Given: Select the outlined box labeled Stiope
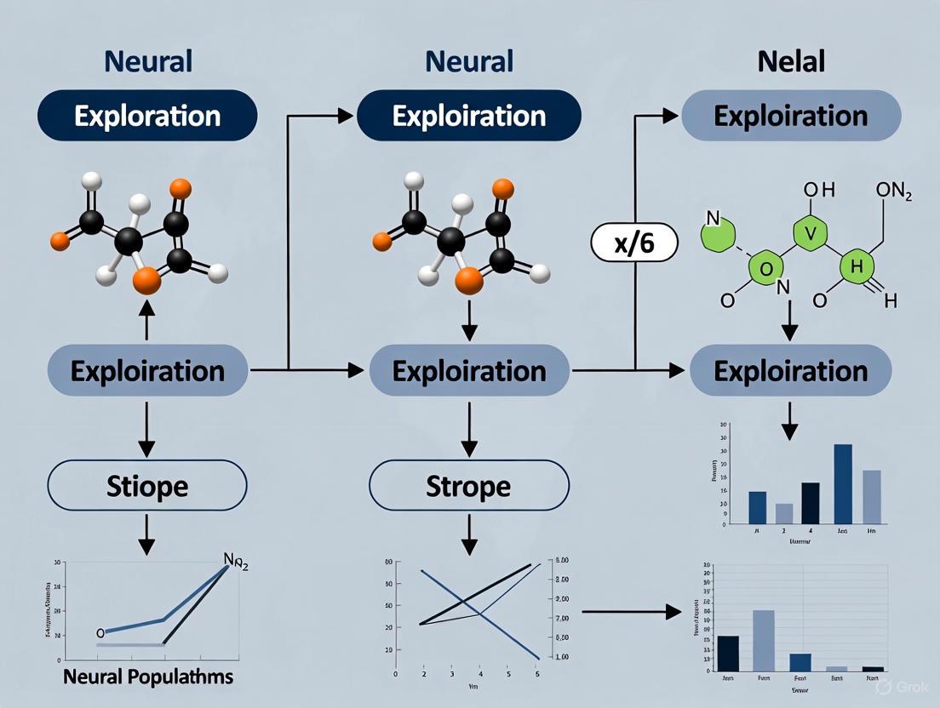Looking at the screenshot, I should [146, 486].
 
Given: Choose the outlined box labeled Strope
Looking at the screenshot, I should [468, 486].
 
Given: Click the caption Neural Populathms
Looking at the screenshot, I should [148, 677].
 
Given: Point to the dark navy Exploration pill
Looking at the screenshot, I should [146, 116].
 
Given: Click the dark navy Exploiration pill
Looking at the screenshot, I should [468, 116].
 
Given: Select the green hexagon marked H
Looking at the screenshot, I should [857, 267].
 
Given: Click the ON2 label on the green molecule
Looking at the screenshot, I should [893, 193].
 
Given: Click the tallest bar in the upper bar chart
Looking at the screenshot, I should [843, 483].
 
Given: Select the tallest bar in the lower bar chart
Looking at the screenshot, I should [763, 640].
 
